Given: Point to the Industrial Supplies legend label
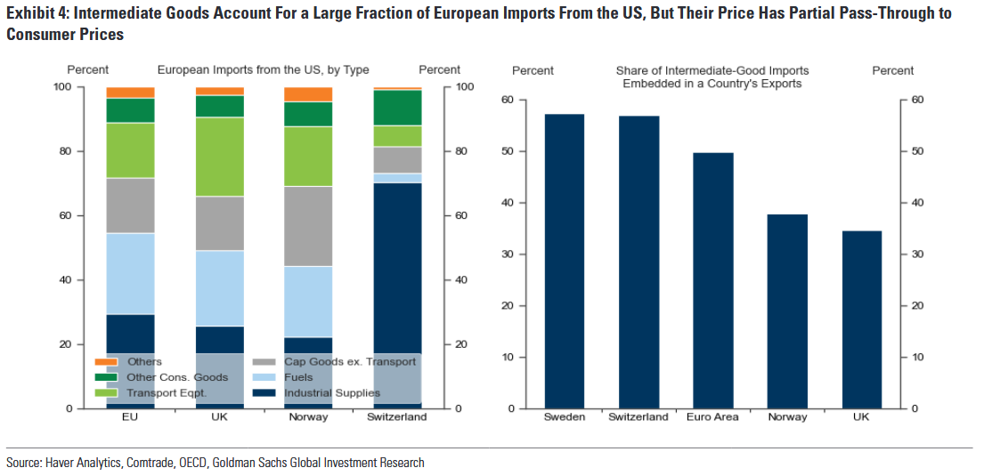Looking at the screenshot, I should [332, 392].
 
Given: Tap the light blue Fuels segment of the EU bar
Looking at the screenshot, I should [130, 273].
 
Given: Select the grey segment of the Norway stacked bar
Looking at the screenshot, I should [308, 226].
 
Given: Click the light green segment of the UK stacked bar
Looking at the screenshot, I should [219, 157].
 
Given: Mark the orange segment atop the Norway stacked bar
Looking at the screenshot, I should [308, 94].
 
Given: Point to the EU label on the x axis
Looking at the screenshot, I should [130, 416].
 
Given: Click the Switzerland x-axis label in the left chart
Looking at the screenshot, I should [397, 416].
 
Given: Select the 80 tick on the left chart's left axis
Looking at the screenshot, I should [64, 151].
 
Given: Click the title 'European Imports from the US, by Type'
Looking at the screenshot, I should [263, 69].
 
